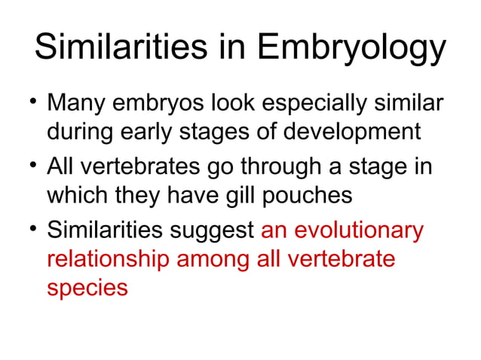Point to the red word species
87,288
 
